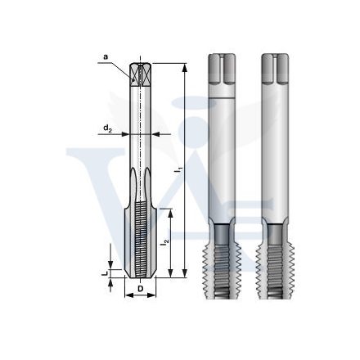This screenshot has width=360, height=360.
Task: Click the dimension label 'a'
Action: tap(106, 56)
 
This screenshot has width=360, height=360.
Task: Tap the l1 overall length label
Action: tap(178, 169)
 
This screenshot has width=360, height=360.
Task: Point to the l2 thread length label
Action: tap(166, 243)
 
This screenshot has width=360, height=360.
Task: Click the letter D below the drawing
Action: tap(141, 288)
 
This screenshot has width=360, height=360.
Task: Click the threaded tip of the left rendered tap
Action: tap(223, 262)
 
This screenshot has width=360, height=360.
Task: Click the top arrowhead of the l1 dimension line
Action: tap(186, 65)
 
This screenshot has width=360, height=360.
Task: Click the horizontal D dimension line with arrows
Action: tap(141, 297)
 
